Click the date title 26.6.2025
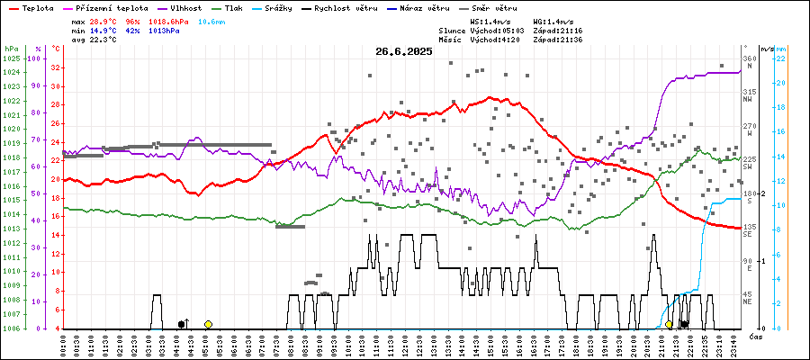click(x=404, y=51)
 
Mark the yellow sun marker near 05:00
click(x=208, y=324)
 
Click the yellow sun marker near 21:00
click(x=669, y=324)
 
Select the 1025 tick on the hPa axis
click(x=11, y=58)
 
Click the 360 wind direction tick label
click(x=748, y=58)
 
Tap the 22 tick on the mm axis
click(x=781, y=58)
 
